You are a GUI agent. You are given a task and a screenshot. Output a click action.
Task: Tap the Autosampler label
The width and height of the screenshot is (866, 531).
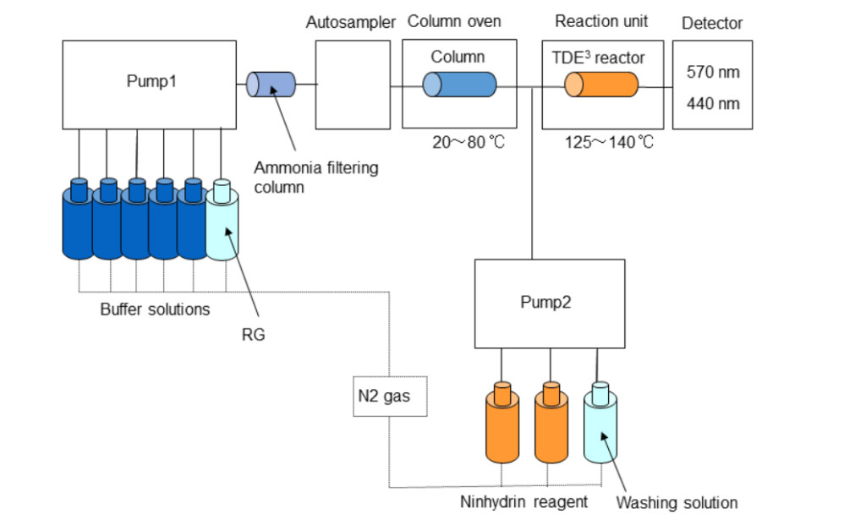point(350,23)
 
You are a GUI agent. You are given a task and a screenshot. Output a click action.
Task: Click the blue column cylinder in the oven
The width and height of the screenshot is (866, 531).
point(460,85)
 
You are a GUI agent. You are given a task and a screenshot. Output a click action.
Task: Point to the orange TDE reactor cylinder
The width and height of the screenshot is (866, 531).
point(602,85)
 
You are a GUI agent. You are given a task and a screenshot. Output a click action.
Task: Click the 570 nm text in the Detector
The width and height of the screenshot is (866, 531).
point(713,72)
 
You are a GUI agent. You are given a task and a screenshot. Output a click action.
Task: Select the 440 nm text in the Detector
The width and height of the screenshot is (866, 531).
point(713,104)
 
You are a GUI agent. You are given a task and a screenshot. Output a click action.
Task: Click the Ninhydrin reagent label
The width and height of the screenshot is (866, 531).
point(523,501)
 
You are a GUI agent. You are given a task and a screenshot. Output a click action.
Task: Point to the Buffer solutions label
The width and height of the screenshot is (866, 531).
point(155,309)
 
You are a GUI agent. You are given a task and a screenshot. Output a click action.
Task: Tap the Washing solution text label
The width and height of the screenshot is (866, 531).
point(677,503)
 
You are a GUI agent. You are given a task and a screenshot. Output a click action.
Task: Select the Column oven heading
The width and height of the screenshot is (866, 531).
point(455,21)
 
